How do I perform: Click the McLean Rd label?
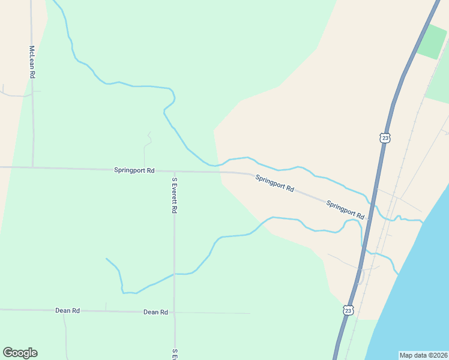click(32, 62)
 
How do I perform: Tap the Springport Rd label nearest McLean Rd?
click(134, 170)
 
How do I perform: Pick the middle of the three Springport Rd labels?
click(274, 183)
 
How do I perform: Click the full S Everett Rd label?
click(175, 196)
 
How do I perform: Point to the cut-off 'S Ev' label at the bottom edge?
click(175, 354)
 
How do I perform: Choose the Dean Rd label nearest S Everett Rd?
click(155, 312)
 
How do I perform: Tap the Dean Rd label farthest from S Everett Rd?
click(67, 310)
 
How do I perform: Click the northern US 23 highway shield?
click(385, 138)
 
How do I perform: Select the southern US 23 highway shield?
click(349, 310)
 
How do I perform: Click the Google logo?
click(20, 353)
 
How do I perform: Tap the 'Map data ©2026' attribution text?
click(423, 355)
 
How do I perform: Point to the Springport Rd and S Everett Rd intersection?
click(174, 171)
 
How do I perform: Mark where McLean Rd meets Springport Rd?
click(32, 167)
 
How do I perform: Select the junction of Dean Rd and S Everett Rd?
click(175, 312)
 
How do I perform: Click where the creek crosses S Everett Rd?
click(174, 274)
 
